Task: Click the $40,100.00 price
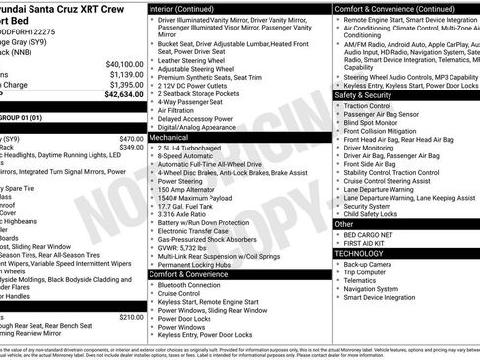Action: (x=123, y=63)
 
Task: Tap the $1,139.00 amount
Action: (x=125, y=74)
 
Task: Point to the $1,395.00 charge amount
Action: (x=125, y=85)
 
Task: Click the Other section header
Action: (x=344, y=223)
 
